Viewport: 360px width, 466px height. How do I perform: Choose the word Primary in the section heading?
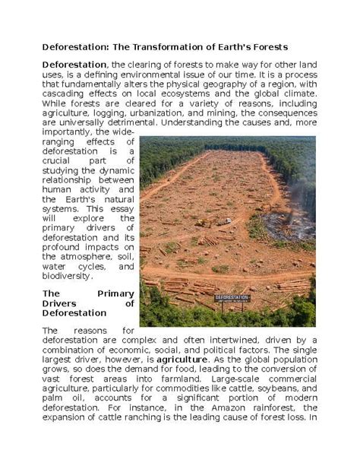coord(117,293)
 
